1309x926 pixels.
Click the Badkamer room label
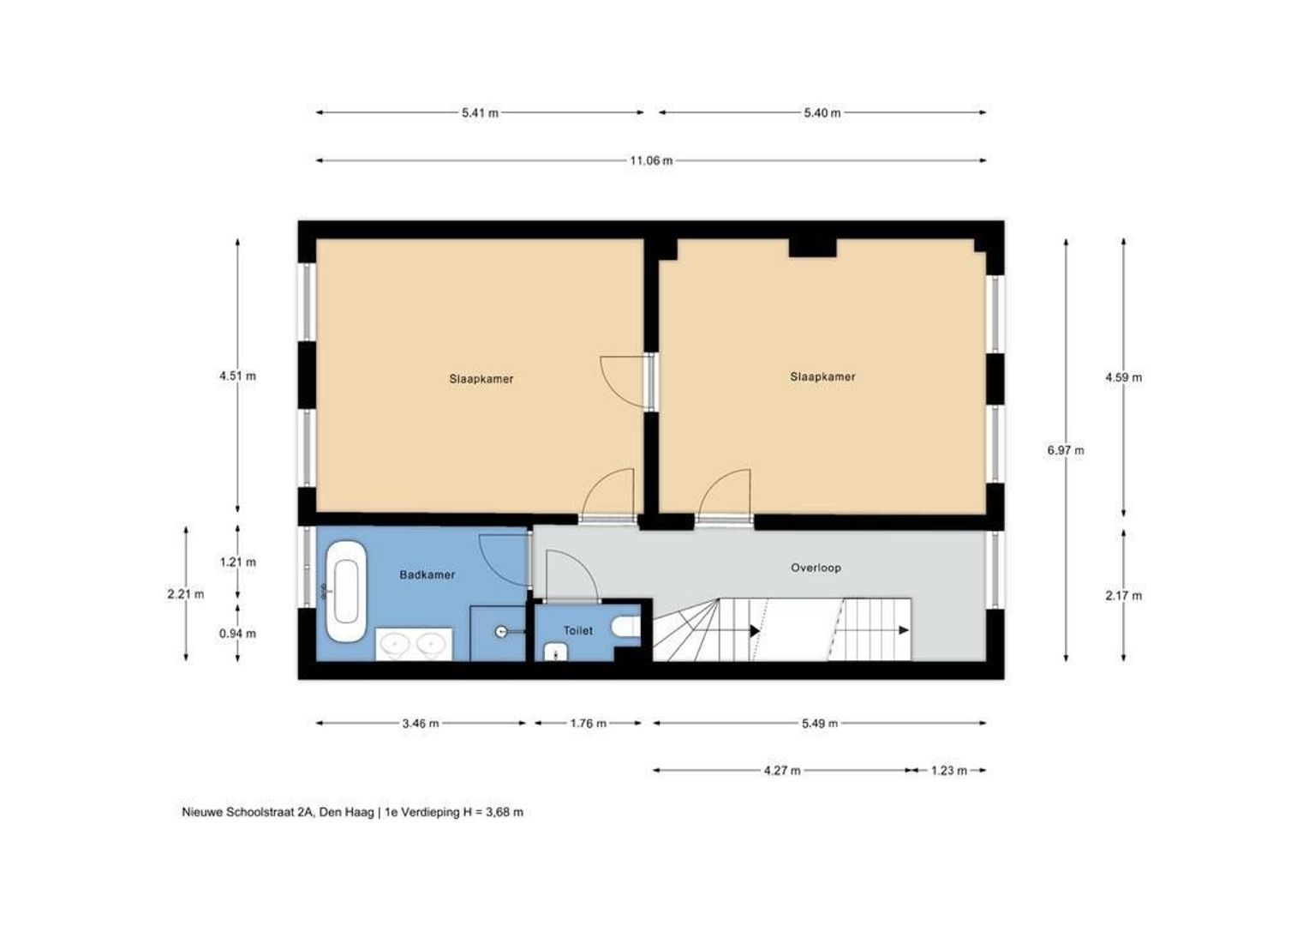click(427, 574)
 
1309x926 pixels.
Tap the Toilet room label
click(577, 630)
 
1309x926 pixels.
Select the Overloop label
click(816, 568)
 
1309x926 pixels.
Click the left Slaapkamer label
click(481, 378)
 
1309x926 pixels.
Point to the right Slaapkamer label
click(822, 376)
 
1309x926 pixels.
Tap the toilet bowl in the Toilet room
click(627, 628)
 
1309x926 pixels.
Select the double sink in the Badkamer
click(415, 645)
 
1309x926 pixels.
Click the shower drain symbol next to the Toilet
click(501, 632)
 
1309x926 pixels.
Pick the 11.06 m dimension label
click(651, 160)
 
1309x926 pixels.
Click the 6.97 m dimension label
click(1065, 450)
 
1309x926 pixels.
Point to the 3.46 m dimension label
click(420, 723)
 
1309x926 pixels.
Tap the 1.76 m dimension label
click(588, 723)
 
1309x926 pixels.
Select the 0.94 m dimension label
click(237, 634)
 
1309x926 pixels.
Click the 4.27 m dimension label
click(782, 770)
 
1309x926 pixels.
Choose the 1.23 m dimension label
click(948, 770)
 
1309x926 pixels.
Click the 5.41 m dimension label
click(480, 112)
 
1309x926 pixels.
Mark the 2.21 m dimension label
click(186, 594)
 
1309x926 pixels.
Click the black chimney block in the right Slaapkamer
click(811, 248)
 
